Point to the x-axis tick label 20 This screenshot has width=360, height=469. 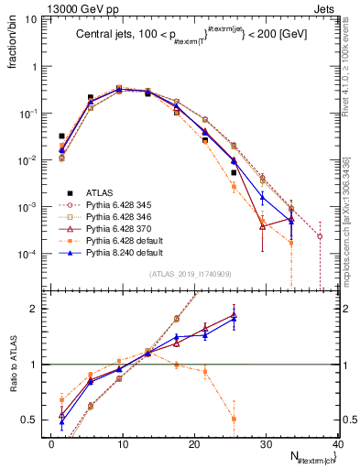click(x=193, y=443)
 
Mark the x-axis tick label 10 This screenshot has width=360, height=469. click(x=122, y=443)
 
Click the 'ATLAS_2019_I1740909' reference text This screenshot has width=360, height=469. click(x=190, y=274)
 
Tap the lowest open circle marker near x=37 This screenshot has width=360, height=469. click(x=320, y=236)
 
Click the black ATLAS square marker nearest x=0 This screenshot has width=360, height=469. click(x=61, y=136)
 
